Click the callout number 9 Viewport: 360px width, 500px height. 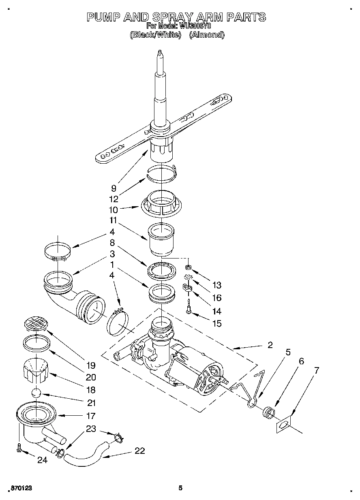point(114,188)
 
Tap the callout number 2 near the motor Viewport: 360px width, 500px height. point(270,345)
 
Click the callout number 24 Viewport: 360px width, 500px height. point(42,460)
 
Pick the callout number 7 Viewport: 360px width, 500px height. point(316,370)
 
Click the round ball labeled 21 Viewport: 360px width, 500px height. point(36,393)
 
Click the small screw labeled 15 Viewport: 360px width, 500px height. point(189,311)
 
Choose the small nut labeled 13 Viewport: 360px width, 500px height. point(189,267)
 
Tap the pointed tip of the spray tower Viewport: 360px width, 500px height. point(161,52)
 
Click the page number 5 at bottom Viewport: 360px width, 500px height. point(180,488)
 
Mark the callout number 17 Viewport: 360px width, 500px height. point(91,416)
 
